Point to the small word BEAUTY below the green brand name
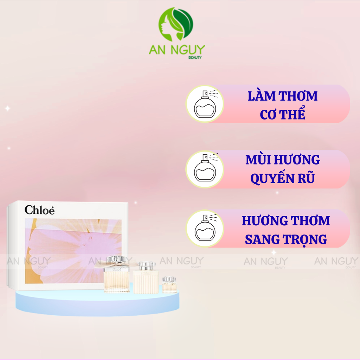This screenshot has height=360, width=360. tap(195, 58)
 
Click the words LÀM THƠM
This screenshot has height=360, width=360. tap(282, 96)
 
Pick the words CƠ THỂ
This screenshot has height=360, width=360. tap(282, 115)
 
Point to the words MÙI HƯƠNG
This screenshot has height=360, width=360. tap(282, 160)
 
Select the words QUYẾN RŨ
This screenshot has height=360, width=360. tap(282, 179)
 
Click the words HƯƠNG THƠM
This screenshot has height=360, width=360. tap(286, 221)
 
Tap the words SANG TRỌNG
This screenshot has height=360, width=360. tap(286, 239)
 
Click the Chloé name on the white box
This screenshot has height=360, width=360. tap(39, 210)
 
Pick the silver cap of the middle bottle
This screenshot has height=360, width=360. tap(146, 265)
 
